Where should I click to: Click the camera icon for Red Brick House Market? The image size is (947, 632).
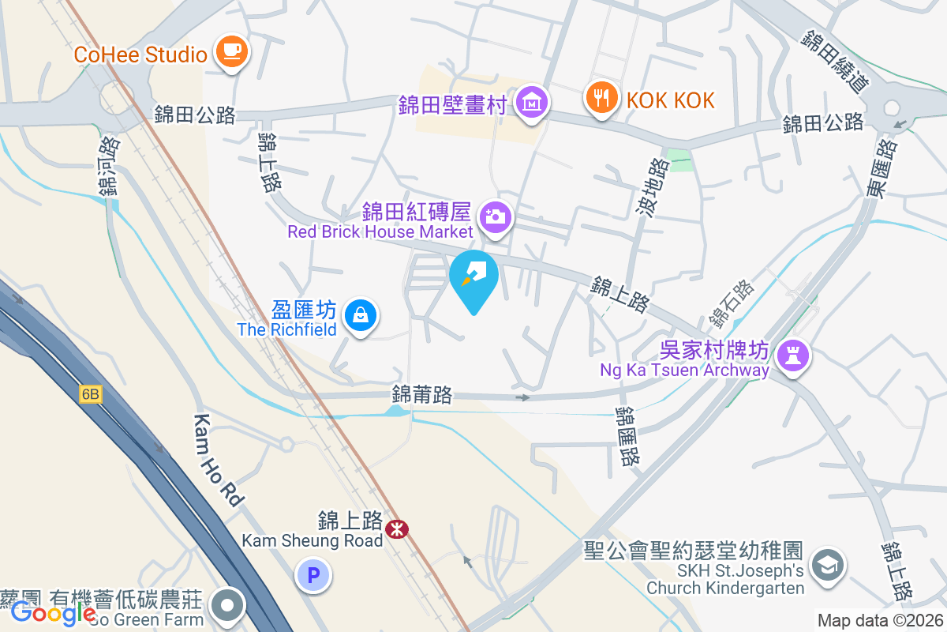pos(496,215)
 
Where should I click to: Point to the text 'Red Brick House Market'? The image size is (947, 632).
pos(380,231)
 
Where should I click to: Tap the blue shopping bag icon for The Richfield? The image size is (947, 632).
pos(361,315)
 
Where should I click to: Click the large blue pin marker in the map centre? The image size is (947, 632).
pos(473,276)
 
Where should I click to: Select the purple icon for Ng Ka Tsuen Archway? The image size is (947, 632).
pos(792,355)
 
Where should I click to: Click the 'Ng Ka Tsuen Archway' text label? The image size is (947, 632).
pos(684,370)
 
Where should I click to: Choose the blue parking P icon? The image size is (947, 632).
pos(313,576)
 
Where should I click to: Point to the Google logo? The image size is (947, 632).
pos(54,612)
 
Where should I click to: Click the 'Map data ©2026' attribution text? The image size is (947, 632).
pos(880,621)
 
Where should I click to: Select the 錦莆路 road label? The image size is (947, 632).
pos(422,395)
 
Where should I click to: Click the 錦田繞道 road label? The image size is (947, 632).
pos(836,61)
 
